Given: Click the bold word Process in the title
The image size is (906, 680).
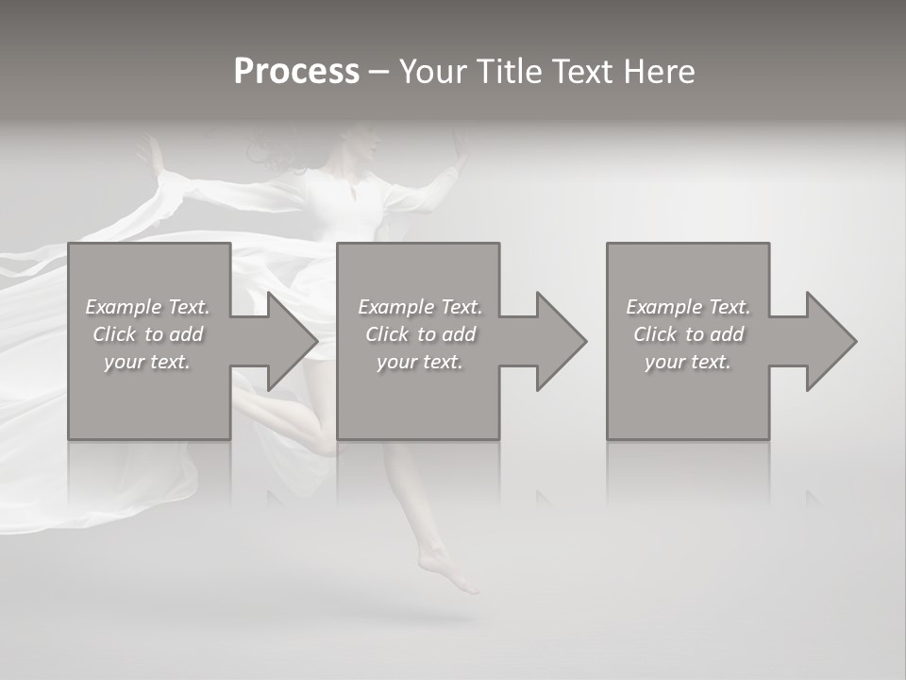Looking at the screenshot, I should (x=296, y=72).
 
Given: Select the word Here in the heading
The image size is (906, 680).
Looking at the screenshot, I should (x=658, y=72).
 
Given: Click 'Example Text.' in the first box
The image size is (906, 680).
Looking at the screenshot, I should (x=147, y=307).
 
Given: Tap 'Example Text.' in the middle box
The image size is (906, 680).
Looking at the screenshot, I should (x=420, y=307).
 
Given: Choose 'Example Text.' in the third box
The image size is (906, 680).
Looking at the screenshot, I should (x=688, y=307).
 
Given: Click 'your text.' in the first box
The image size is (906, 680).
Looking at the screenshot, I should (x=147, y=362).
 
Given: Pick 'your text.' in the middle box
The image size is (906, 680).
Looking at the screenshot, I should (x=420, y=362).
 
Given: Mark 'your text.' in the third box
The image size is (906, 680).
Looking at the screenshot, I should (x=688, y=362).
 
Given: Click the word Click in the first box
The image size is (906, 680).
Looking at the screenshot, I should (x=114, y=334).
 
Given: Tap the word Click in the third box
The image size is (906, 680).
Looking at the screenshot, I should (x=655, y=334).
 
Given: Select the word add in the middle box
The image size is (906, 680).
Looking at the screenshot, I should (x=458, y=334).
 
